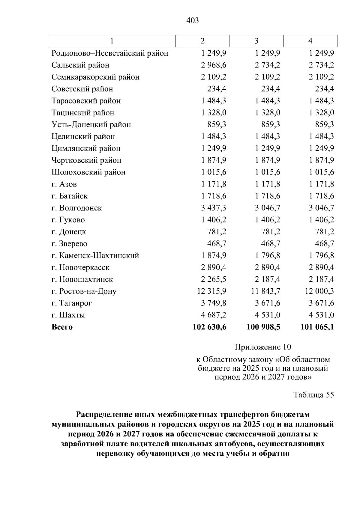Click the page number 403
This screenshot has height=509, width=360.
coord(193,20)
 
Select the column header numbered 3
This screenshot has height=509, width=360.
coord(256,41)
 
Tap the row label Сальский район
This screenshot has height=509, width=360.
coord(80,65)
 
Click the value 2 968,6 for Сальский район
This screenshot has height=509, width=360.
coord(214,65)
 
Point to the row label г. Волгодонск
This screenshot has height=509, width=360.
coord(76,208)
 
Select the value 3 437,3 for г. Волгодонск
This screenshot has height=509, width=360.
coord(214,208)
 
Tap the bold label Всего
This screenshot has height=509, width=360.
coord(62,327)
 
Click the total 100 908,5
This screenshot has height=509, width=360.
coord(263,327)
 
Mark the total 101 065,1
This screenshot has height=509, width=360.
coord(317,327)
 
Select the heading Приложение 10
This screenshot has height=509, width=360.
coord(263,347)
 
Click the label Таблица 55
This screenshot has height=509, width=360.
coord(313,394)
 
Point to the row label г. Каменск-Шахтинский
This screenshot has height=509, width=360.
coord(95,255)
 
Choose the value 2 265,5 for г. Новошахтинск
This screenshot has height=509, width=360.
coord(214,279)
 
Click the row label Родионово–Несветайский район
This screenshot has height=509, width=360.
coord(110,53)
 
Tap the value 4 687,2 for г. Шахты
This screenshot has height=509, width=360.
coord(214,315)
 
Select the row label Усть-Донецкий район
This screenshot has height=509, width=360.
coord(91,124)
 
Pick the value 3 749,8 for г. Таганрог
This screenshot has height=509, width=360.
coord(214,303)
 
